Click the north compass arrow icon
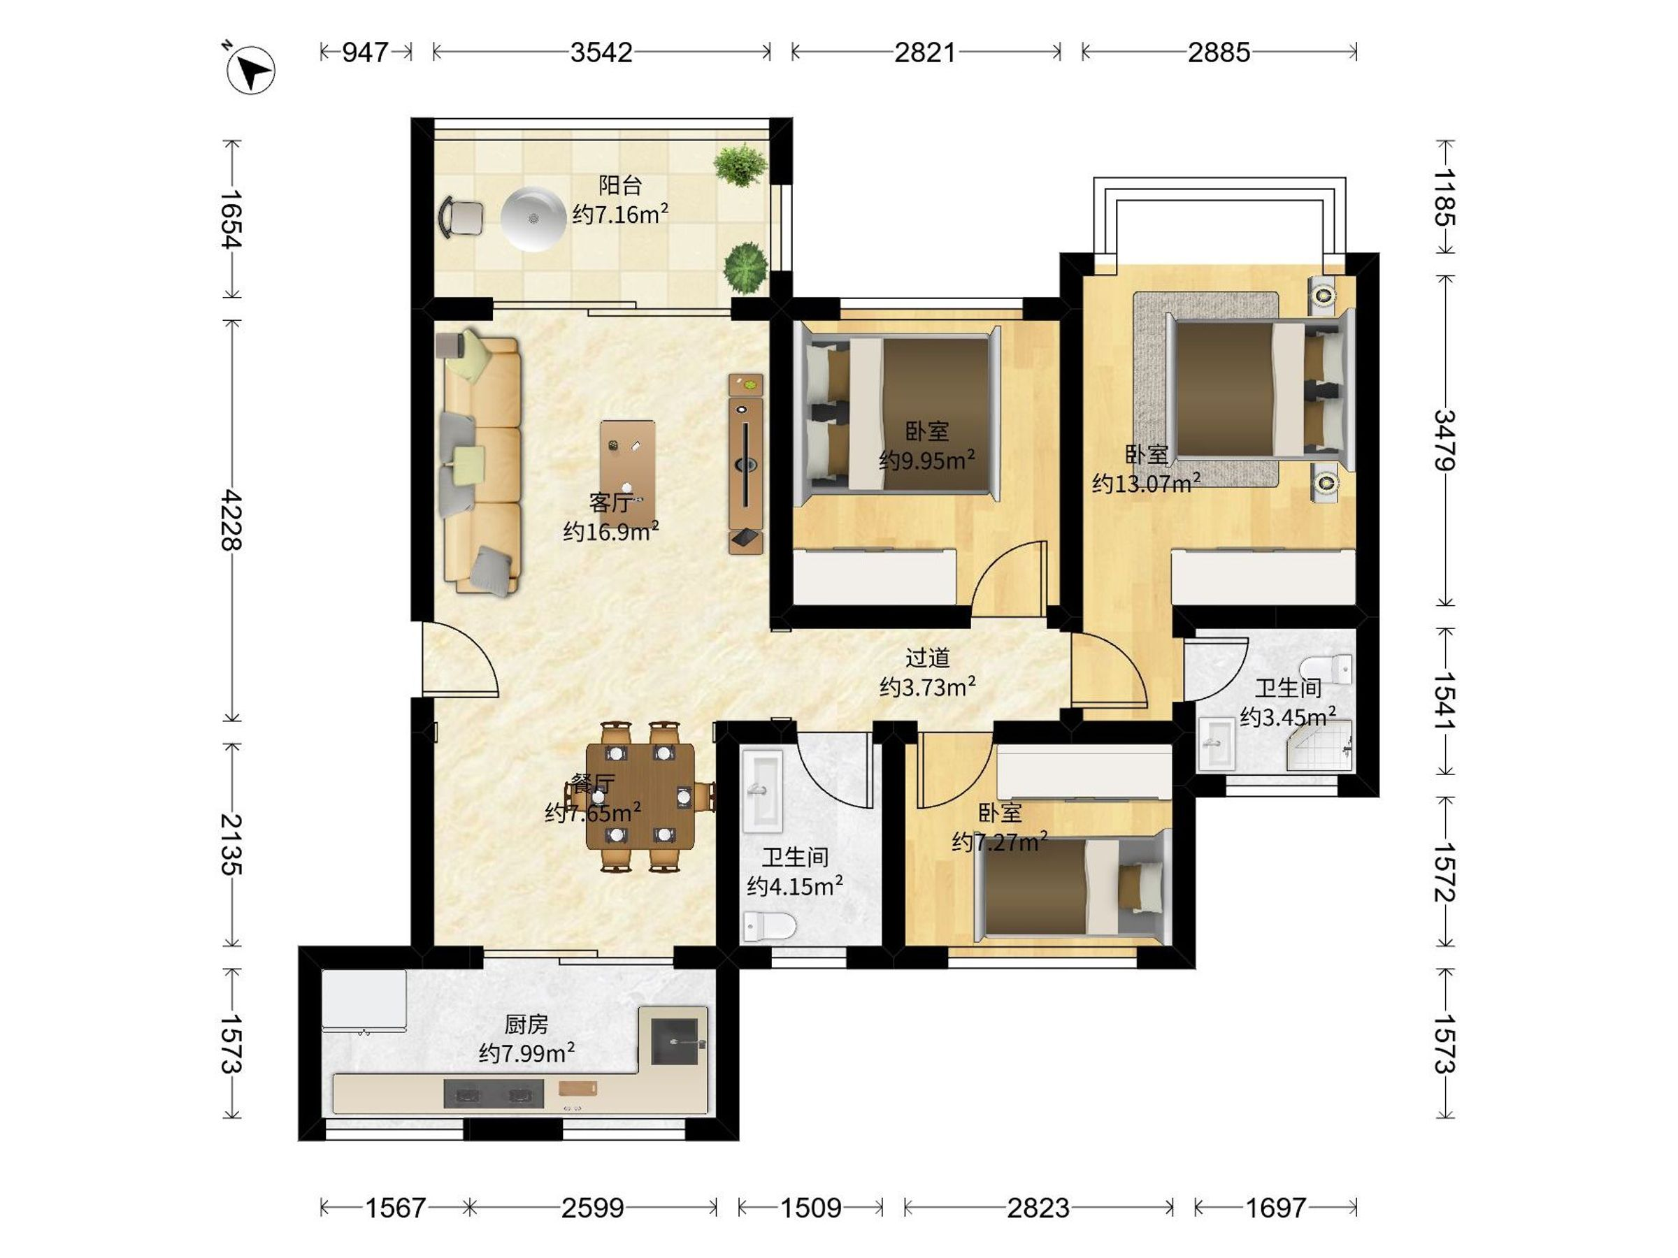(x=250, y=70)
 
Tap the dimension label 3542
(x=601, y=52)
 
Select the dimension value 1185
(x=1444, y=197)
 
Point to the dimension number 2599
(x=592, y=1207)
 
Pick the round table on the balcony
(x=533, y=218)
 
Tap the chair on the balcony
(x=461, y=217)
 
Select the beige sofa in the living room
(x=481, y=463)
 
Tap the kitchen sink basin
(x=673, y=1036)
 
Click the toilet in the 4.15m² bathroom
(x=768, y=926)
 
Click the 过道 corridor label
(x=927, y=658)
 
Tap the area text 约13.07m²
(x=1145, y=483)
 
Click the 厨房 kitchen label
(x=526, y=1025)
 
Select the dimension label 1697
(x=1276, y=1207)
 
